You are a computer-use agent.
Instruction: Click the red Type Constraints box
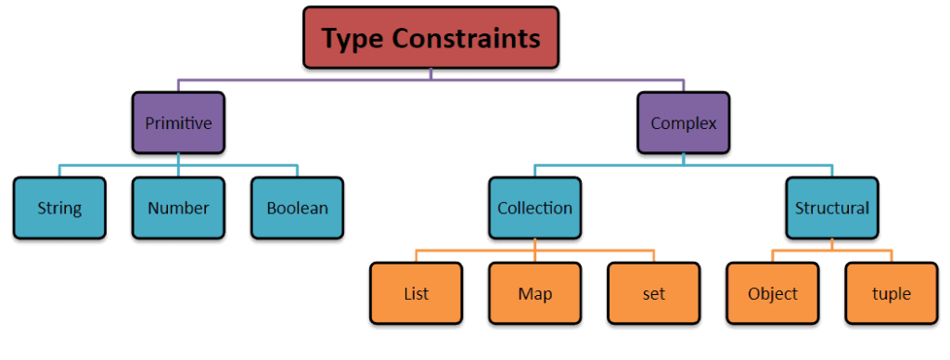coord(430,38)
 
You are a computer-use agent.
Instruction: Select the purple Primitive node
coord(178,122)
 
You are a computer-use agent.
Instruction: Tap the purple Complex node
coord(683,122)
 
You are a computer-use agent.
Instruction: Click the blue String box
coord(59,208)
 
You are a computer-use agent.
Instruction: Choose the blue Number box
coord(178,208)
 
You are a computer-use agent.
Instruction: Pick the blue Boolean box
coord(297,208)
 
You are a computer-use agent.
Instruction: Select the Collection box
coord(534,208)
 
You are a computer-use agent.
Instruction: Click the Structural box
coord(832,208)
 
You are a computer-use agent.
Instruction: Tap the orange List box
coord(416,294)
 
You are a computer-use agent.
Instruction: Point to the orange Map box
coord(535,294)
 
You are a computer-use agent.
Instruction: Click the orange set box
coord(653,294)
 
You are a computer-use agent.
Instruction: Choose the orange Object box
coord(773,294)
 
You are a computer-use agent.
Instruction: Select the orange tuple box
coord(891,294)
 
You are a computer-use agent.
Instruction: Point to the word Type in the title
coord(352,39)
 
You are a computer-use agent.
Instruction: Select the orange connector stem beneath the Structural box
coord(832,244)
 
